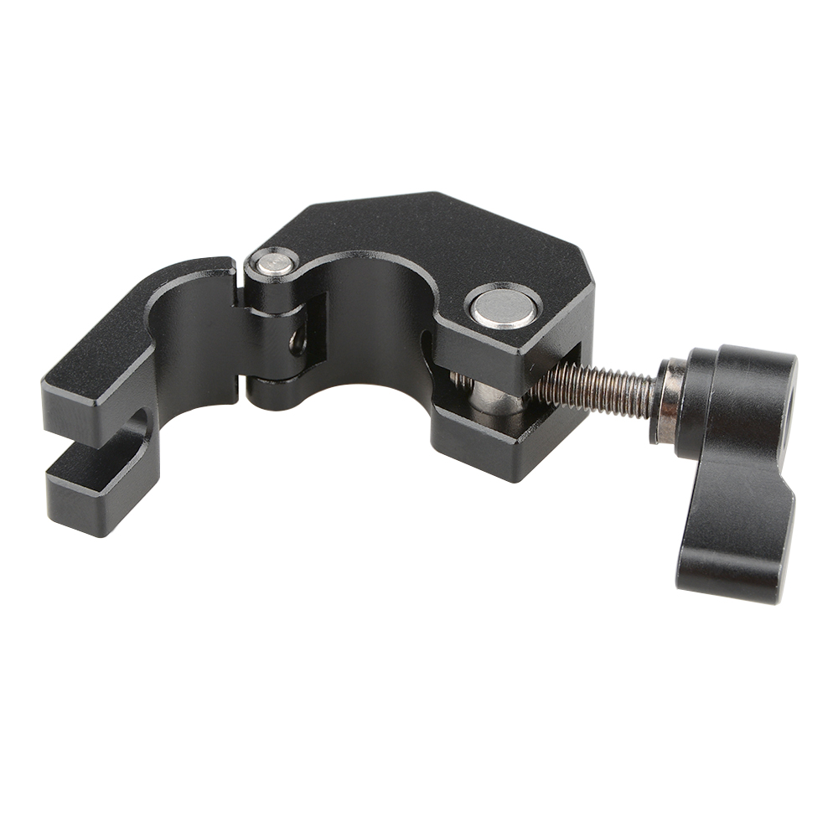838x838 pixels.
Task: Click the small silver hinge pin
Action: click(275, 265)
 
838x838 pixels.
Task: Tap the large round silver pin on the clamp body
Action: click(503, 308)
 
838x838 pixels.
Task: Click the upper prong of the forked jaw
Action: click(101, 369)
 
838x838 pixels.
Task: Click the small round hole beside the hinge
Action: click(296, 341)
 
